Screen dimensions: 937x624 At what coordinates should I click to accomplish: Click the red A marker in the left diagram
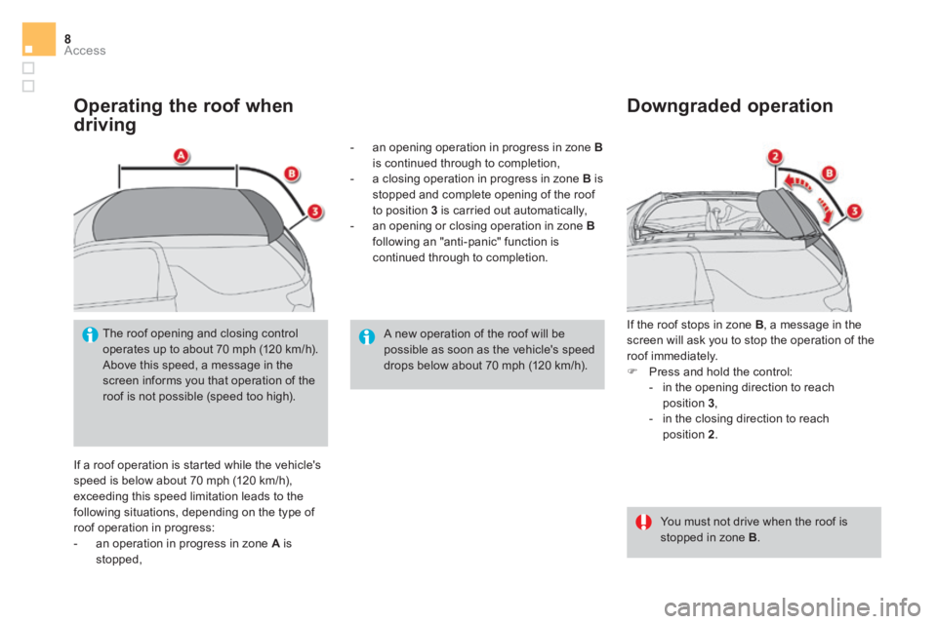click(182, 156)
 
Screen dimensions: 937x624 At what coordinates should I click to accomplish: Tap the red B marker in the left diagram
click(291, 175)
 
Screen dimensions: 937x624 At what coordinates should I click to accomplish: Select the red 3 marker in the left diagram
click(315, 212)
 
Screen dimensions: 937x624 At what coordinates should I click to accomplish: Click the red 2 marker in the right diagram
click(775, 157)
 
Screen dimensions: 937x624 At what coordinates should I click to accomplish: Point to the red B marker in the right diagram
click(830, 174)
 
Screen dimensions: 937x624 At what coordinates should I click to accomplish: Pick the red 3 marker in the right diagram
click(855, 212)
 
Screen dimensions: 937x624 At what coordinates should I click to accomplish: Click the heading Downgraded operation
click(730, 105)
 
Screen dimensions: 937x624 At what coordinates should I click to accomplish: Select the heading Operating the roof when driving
click(183, 115)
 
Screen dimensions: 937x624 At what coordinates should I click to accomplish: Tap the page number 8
click(67, 39)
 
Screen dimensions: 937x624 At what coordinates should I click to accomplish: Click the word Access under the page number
click(85, 51)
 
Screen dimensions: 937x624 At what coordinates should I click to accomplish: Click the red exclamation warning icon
click(643, 523)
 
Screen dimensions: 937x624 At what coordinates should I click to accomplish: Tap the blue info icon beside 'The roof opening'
click(90, 335)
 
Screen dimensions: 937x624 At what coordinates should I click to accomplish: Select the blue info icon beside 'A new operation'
click(367, 336)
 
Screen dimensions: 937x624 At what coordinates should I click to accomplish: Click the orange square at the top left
click(39, 39)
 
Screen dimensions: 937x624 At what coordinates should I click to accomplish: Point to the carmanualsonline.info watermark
click(792, 607)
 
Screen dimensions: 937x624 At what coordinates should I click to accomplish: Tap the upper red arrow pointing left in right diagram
click(796, 182)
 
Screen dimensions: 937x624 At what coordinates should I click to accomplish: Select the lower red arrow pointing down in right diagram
click(824, 211)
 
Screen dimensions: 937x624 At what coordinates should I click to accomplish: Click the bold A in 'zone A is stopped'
click(275, 544)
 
